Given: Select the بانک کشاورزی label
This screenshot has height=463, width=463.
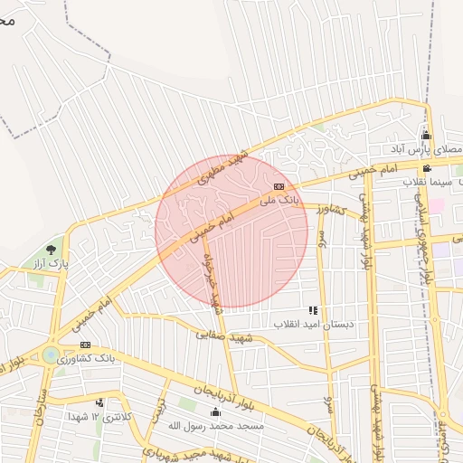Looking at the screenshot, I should tap(85, 359).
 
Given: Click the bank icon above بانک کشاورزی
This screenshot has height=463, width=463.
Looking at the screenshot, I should tap(85, 345).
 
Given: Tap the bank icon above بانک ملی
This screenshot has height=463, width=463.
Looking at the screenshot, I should tap(279, 186).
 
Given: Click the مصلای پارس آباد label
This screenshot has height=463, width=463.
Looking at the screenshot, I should tap(429, 148).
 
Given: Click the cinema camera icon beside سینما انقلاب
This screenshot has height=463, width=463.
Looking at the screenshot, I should tap(427, 169).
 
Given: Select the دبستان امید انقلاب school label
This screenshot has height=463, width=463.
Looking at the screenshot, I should tap(313, 324).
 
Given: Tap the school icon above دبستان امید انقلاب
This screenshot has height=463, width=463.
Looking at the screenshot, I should tap(313, 310).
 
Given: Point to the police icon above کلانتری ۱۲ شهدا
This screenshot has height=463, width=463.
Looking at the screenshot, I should tap(99, 403).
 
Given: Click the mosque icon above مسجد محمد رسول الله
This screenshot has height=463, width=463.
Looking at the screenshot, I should tap(216, 412).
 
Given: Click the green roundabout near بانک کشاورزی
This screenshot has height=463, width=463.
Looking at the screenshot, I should tap(50, 354).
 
